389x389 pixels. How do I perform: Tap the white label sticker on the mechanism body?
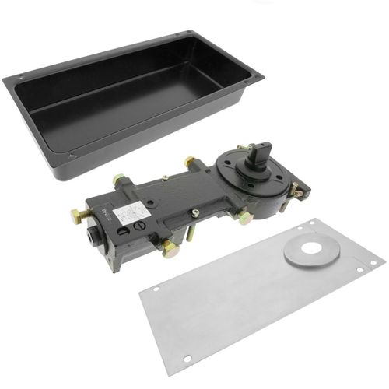(131, 212)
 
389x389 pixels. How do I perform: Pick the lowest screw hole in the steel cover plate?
(187, 359)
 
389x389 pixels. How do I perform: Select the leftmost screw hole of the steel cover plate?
(155, 290)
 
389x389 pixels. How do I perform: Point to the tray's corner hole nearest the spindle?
(247, 79)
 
